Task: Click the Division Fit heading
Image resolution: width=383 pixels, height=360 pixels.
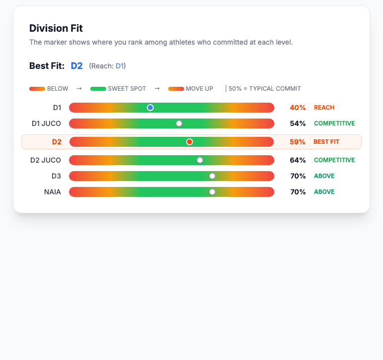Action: pos(56,28)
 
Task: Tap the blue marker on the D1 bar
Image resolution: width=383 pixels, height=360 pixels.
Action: pos(150,108)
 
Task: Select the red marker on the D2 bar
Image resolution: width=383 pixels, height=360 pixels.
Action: pos(190,142)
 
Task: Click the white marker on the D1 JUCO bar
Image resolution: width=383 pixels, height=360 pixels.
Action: pos(179,123)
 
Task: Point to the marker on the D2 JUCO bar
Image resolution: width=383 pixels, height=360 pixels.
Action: pos(200,160)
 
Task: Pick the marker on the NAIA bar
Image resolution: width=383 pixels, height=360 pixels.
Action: pos(212,192)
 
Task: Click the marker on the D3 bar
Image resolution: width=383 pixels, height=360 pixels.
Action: pos(212,176)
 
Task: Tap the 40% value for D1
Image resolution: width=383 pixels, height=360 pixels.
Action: pos(298,108)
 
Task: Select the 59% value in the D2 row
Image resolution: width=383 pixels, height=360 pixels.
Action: pos(298,142)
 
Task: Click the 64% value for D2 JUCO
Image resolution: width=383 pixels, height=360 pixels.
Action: pos(298,160)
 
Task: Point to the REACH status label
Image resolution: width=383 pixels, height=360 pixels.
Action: pos(324,108)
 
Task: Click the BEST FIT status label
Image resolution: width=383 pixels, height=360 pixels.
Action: pos(326,142)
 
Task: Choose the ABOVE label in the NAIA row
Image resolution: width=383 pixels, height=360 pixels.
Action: pos(324,192)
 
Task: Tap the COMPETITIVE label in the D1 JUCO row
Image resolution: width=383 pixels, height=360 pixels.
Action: pos(334,123)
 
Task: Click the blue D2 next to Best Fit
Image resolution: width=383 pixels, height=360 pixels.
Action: pos(77,66)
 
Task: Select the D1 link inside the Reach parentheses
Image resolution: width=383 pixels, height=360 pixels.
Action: pos(120,66)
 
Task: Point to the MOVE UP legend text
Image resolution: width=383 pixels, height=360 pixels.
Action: pos(199,89)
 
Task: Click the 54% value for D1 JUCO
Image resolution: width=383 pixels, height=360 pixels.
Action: pos(298,123)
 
